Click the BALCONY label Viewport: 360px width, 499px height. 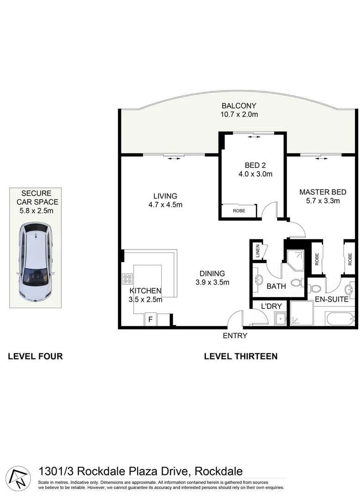238,106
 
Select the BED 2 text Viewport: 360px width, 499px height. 255,165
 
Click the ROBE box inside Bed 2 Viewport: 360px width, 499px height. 239,211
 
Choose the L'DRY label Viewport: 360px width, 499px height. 271,306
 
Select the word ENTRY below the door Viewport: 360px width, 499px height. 235,336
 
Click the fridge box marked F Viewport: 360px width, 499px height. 150,319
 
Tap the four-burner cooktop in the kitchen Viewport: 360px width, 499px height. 128,279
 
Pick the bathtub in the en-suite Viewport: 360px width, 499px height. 340,319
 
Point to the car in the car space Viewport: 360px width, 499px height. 35,262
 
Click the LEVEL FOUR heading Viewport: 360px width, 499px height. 35,356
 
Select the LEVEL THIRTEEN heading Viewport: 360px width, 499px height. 240,356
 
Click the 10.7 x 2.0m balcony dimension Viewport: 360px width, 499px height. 238,115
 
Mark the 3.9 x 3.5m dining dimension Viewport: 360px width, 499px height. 212,282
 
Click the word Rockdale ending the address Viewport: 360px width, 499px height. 219,472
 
